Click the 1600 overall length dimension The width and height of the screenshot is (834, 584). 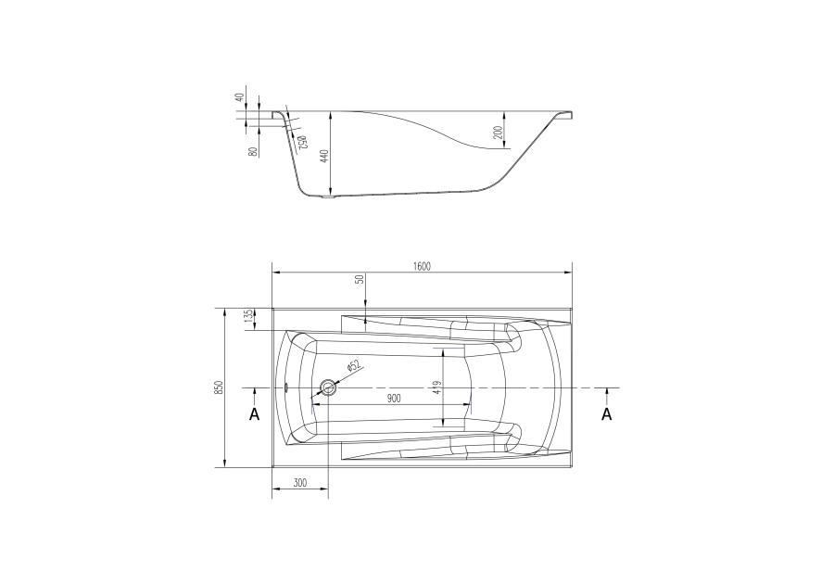(x=422, y=266)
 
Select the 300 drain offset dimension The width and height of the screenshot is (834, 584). (x=300, y=483)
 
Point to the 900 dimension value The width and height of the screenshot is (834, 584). (x=394, y=399)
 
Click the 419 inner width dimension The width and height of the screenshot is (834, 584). (x=437, y=387)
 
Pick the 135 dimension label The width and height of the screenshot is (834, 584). (x=247, y=318)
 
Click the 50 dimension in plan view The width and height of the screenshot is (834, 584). (x=360, y=279)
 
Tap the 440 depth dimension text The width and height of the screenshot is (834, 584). (x=325, y=156)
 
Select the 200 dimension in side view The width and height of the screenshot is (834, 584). (x=498, y=132)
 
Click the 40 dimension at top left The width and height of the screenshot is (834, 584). (x=239, y=97)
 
